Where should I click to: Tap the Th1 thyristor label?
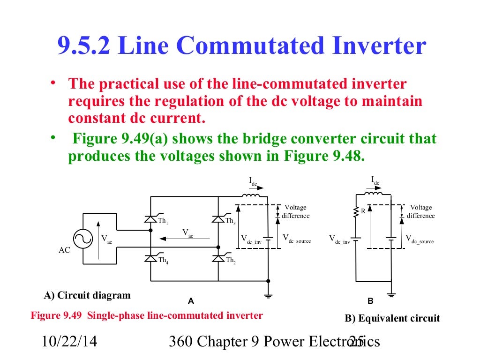coord(163,221)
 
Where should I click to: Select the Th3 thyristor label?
coord(230,221)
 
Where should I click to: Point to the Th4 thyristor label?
coord(163,260)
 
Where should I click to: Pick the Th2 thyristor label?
coord(231,260)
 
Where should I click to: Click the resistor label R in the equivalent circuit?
coord(363,211)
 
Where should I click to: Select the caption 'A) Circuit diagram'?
coord(87,295)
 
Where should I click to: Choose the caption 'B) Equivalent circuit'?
coord(392,318)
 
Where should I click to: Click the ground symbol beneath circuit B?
coord(391,296)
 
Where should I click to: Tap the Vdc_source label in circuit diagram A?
coord(296,238)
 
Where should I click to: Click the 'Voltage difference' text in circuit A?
coord(295,211)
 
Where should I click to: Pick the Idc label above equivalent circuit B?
coord(375,180)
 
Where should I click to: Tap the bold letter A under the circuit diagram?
coord(191,300)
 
